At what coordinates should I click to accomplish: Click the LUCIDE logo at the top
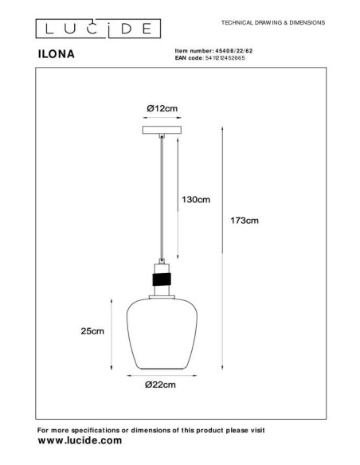click(x=96, y=30)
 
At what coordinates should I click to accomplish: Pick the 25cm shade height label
click(x=93, y=331)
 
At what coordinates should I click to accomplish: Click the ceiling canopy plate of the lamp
click(x=162, y=129)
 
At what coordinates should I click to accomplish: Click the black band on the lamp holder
click(x=162, y=279)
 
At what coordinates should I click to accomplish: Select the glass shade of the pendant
click(x=162, y=334)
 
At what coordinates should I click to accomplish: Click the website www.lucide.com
click(x=80, y=440)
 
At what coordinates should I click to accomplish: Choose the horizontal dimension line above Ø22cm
click(x=162, y=373)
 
